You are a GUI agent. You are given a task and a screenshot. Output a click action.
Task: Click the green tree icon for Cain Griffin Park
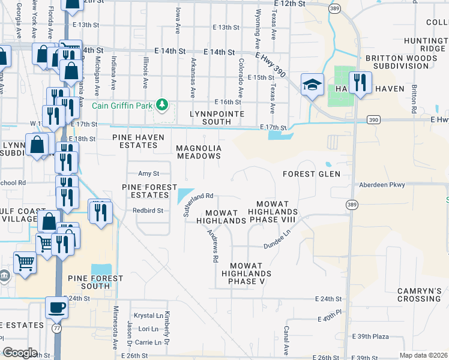coord(161,106)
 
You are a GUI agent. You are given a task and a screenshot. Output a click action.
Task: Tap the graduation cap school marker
coord(312,85)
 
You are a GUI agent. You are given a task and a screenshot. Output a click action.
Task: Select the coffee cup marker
coord(57,308)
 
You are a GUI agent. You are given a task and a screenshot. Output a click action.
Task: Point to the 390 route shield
coord(374,120)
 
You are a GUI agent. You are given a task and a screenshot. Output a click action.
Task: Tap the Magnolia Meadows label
coord(199,152)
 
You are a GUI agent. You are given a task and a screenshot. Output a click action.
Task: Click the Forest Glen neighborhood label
coord(312,174)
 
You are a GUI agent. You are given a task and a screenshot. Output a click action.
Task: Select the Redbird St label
coord(148,211)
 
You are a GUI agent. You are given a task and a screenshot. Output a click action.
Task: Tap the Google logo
coord(20,353)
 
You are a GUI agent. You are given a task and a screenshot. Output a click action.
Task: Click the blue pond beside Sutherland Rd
coord(183,196)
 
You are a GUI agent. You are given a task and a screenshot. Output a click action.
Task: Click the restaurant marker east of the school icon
coord(360,83)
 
